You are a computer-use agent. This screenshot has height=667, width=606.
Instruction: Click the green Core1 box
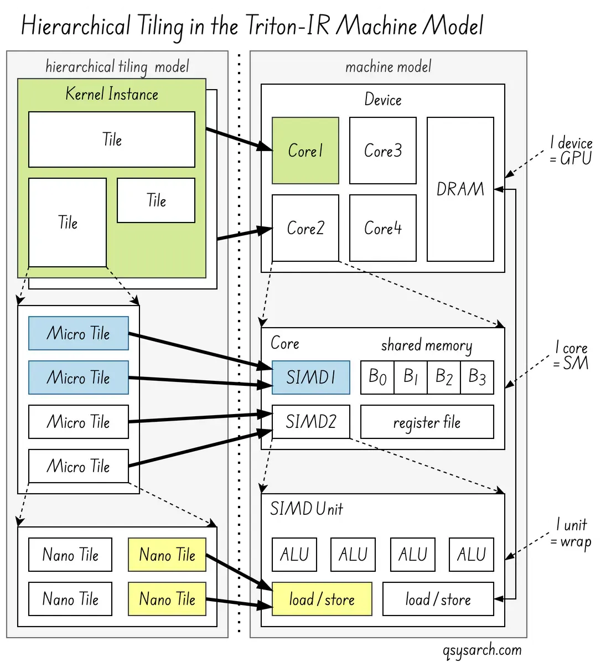pos(305,151)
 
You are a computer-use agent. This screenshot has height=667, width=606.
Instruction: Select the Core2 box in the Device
pos(305,227)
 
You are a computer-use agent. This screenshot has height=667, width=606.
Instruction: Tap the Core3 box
pos(382,151)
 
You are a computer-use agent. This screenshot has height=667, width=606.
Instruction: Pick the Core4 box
pos(382,227)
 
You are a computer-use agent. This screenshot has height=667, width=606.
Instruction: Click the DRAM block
pos(460,189)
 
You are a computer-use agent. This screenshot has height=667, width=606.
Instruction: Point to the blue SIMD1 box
pos(310,378)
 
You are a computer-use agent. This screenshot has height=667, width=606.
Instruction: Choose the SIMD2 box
pos(310,422)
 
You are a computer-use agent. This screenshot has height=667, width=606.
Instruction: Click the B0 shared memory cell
pos(377,378)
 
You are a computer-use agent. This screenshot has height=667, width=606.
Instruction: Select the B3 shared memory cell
pos(477,378)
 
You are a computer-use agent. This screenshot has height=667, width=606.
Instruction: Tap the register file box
pos(427,422)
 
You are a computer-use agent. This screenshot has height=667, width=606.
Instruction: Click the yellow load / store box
pos(322,599)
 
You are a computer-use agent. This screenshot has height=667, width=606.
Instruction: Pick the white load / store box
pos(438,599)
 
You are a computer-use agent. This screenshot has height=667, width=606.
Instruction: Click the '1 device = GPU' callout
pos(571,151)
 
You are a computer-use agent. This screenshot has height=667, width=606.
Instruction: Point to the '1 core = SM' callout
pos(571,355)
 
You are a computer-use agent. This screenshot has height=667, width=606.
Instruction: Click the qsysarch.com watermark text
pos(482,650)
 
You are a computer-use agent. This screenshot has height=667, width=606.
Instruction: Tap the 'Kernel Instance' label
pos(112,94)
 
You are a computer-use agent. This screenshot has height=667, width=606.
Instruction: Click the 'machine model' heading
pos(388,67)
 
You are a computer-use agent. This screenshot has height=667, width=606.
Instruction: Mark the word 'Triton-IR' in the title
pos(288,25)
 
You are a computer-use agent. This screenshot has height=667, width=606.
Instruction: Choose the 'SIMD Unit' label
pos(306,509)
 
